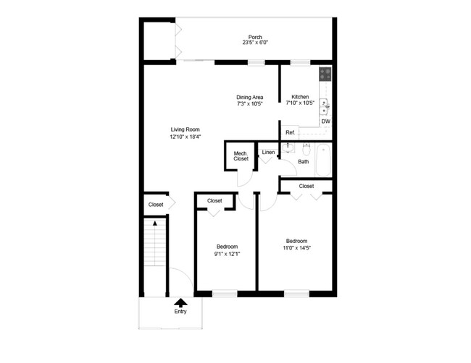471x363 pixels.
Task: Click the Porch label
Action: point(254,37)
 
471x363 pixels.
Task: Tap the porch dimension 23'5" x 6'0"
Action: point(254,43)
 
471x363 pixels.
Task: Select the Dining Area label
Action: point(249,97)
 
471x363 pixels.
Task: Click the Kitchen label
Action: point(300,97)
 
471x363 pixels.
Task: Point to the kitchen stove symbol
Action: point(325,73)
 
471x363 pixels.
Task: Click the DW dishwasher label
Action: point(325,121)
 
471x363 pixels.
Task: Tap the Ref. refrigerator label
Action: point(290,132)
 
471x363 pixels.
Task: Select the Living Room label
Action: point(185,129)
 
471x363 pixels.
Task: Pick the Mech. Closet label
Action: point(241,155)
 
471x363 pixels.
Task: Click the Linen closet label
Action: point(268,153)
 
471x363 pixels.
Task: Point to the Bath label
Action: point(303,161)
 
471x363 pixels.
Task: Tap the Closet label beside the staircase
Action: point(156,205)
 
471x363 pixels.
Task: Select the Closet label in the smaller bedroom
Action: point(214,200)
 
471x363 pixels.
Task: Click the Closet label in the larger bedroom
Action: point(307,186)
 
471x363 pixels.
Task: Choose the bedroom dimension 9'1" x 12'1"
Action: point(226,253)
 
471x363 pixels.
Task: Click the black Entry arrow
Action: point(180,302)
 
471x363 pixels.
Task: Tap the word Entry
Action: point(180,312)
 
